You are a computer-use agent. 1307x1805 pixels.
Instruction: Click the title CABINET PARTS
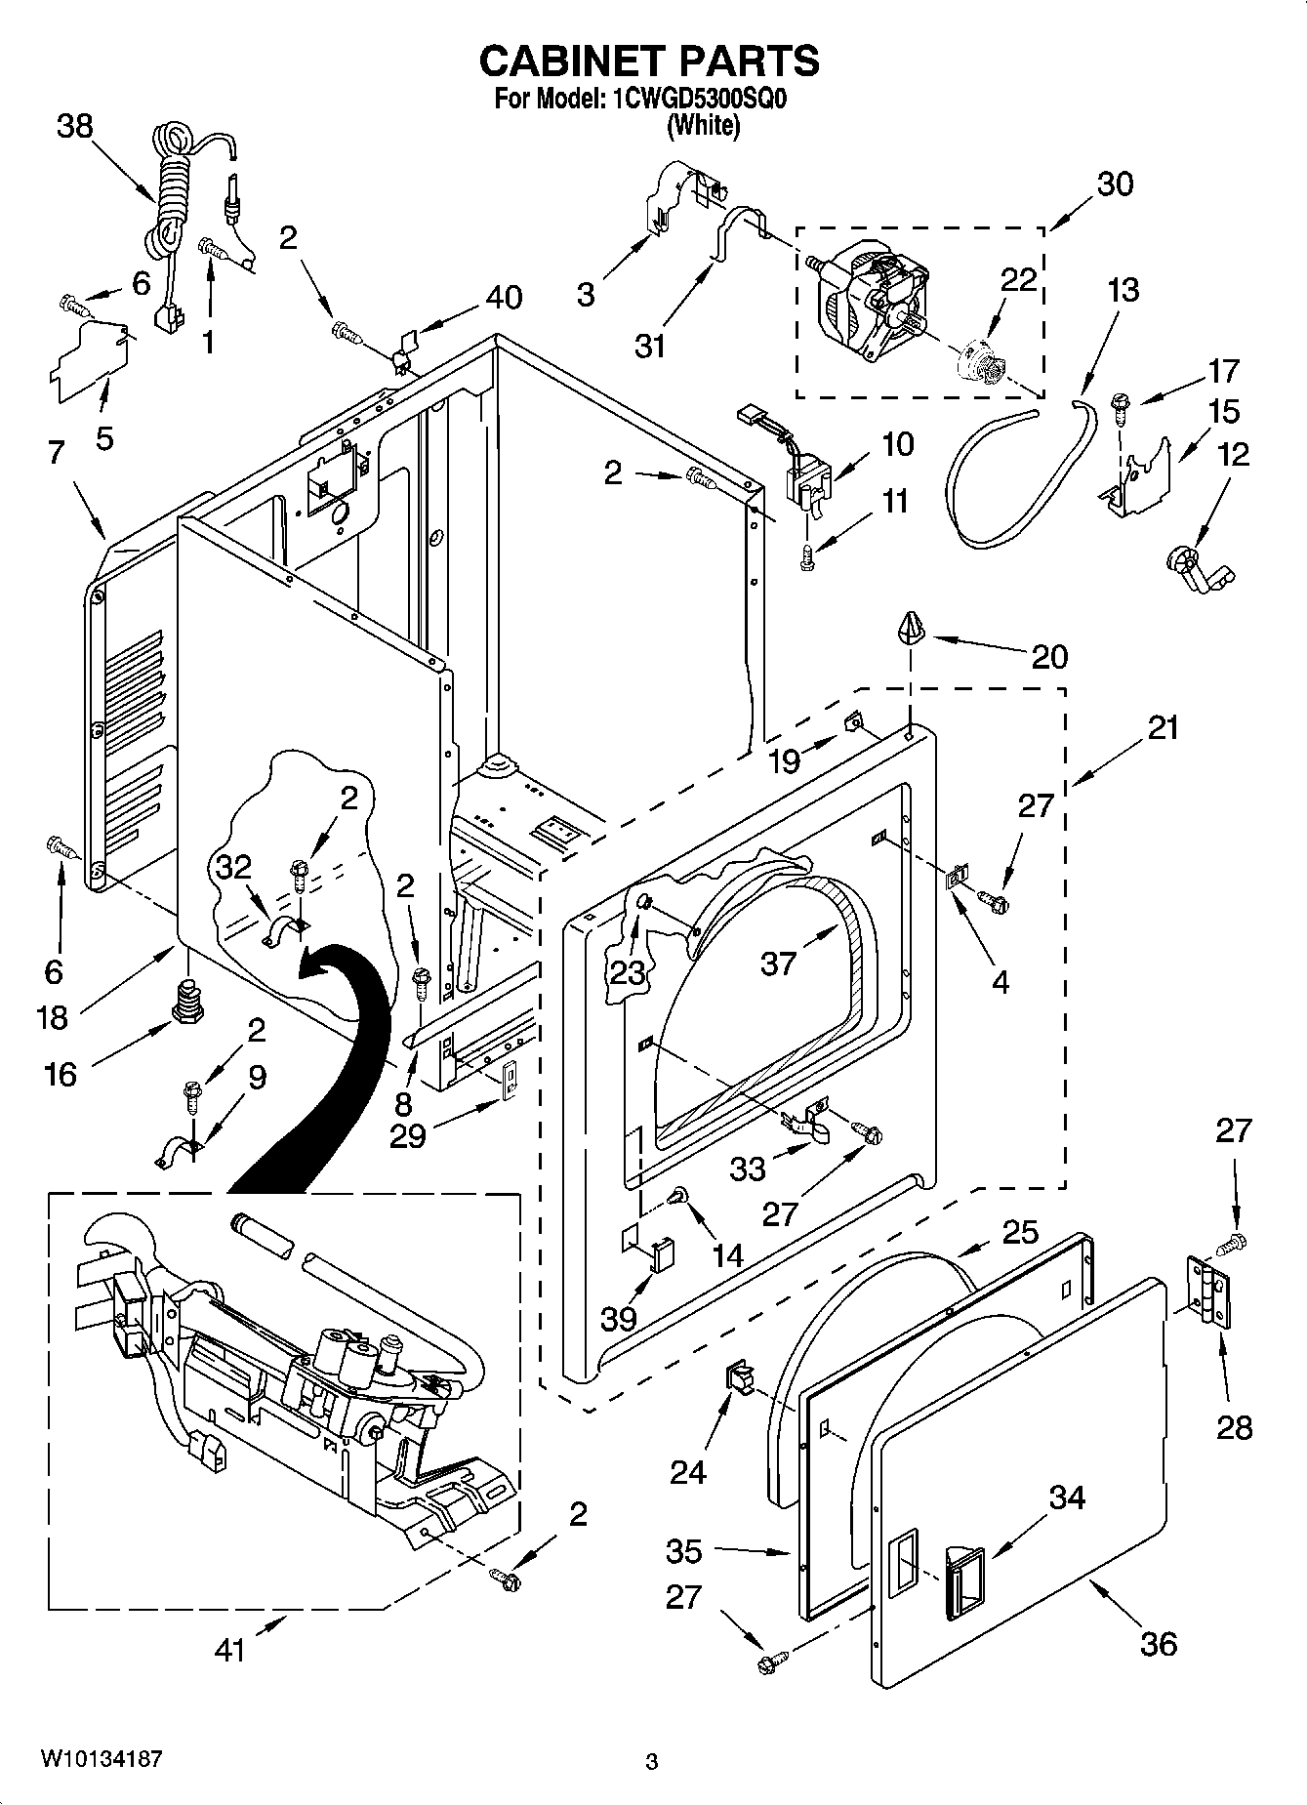click(648, 62)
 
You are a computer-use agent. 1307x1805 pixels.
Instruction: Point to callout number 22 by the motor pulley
click(1017, 280)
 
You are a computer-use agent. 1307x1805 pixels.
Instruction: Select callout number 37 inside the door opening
click(779, 964)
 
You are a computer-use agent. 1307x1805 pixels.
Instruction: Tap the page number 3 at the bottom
click(651, 1762)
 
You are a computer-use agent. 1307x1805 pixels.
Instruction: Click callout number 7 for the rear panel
click(55, 452)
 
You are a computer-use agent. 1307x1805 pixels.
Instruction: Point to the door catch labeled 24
click(739, 1378)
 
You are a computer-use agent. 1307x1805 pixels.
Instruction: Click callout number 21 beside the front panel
click(1163, 727)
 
